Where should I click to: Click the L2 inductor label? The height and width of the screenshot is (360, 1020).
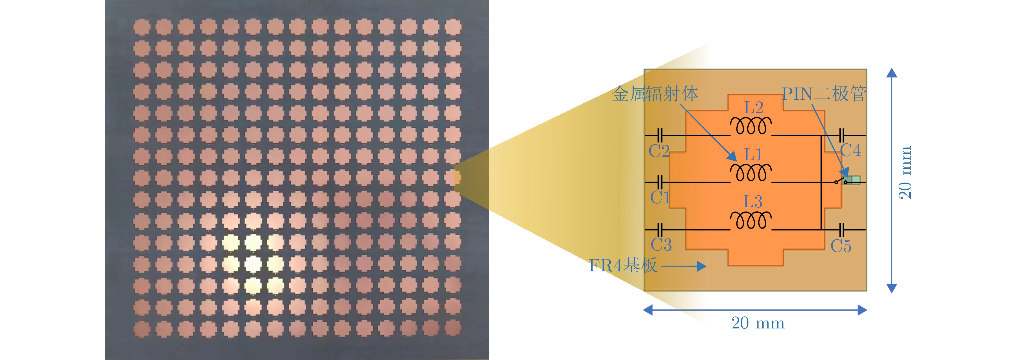tap(753, 108)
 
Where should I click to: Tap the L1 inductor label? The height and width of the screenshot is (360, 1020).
tap(753, 154)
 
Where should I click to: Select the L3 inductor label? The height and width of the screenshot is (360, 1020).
tap(753, 202)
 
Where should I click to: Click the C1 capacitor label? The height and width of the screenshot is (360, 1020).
tap(660, 197)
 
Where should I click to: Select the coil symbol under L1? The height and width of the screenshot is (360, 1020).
tap(751, 173)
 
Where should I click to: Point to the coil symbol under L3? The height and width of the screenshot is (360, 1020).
tap(751, 220)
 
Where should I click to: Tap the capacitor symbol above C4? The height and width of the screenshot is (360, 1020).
tap(842, 135)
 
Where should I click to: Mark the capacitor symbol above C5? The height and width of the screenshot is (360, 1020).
tap(842, 230)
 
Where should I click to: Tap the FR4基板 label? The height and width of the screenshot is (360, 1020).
tap(623, 265)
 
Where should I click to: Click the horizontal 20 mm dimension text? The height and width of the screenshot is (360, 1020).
tap(757, 323)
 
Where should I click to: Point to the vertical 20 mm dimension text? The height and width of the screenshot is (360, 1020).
tap(905, 173)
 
